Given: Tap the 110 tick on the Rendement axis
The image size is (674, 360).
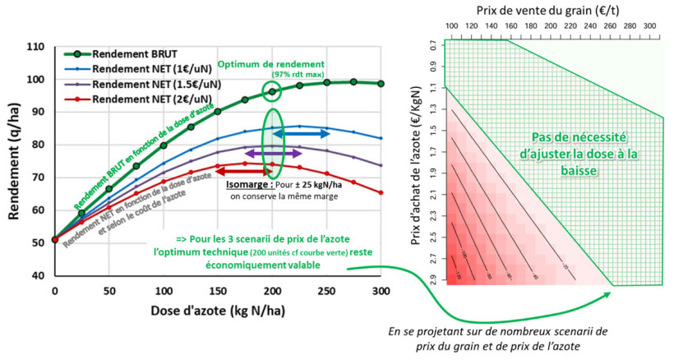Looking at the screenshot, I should pos(35,47).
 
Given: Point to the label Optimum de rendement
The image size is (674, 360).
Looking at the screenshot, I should pos(284,63).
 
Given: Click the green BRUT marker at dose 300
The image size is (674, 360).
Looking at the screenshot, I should pos(381,83).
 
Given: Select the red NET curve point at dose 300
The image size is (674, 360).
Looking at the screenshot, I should pos(381,193).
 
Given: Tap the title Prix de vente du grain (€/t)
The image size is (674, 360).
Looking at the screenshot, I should pos(549,9).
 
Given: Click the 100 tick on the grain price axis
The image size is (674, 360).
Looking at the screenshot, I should pos(450,27).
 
